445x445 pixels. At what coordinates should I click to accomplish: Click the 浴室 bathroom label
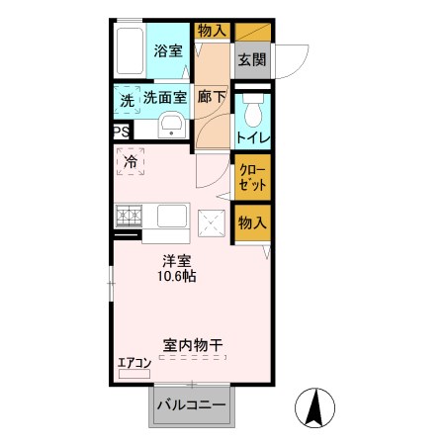(x=167, y=51)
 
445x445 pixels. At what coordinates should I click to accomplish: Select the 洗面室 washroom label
(x=165, y=97)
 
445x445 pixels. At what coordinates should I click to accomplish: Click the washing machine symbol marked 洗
(x=127, y=100)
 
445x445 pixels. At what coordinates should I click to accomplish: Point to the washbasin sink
(x=170, y=126)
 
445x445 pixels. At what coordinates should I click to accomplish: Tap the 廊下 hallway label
(x=211, y=97)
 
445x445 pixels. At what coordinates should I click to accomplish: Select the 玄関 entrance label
(x=250, y=58)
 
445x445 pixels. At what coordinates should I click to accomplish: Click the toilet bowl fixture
(x=251, y=106)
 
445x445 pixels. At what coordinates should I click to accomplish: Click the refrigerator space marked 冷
(x=131, y=160)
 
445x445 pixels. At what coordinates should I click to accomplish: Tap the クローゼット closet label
(x=251, y=177)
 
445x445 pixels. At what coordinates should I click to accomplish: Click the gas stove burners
(x=128, y=215)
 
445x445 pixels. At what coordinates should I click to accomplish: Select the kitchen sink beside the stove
(x=164, y=216)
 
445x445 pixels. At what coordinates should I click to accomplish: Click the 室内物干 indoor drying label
(x=192, y=345)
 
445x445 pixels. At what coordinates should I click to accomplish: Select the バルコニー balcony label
(x=190, y=405)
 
